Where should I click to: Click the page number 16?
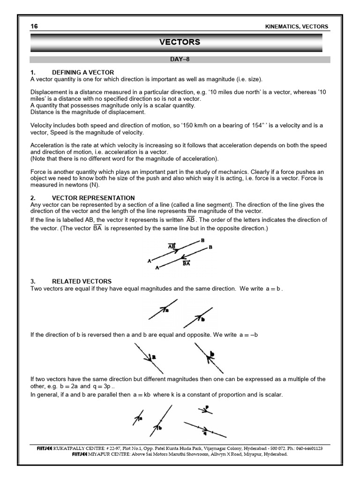pyautogui.click(x=34, y=27)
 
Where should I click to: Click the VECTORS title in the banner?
pyautogui.click(x=180, y=42)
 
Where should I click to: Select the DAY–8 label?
pyautogui.click(x=180, y=60)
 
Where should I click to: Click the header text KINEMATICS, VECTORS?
pyautogui.click(x=297, y=27)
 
